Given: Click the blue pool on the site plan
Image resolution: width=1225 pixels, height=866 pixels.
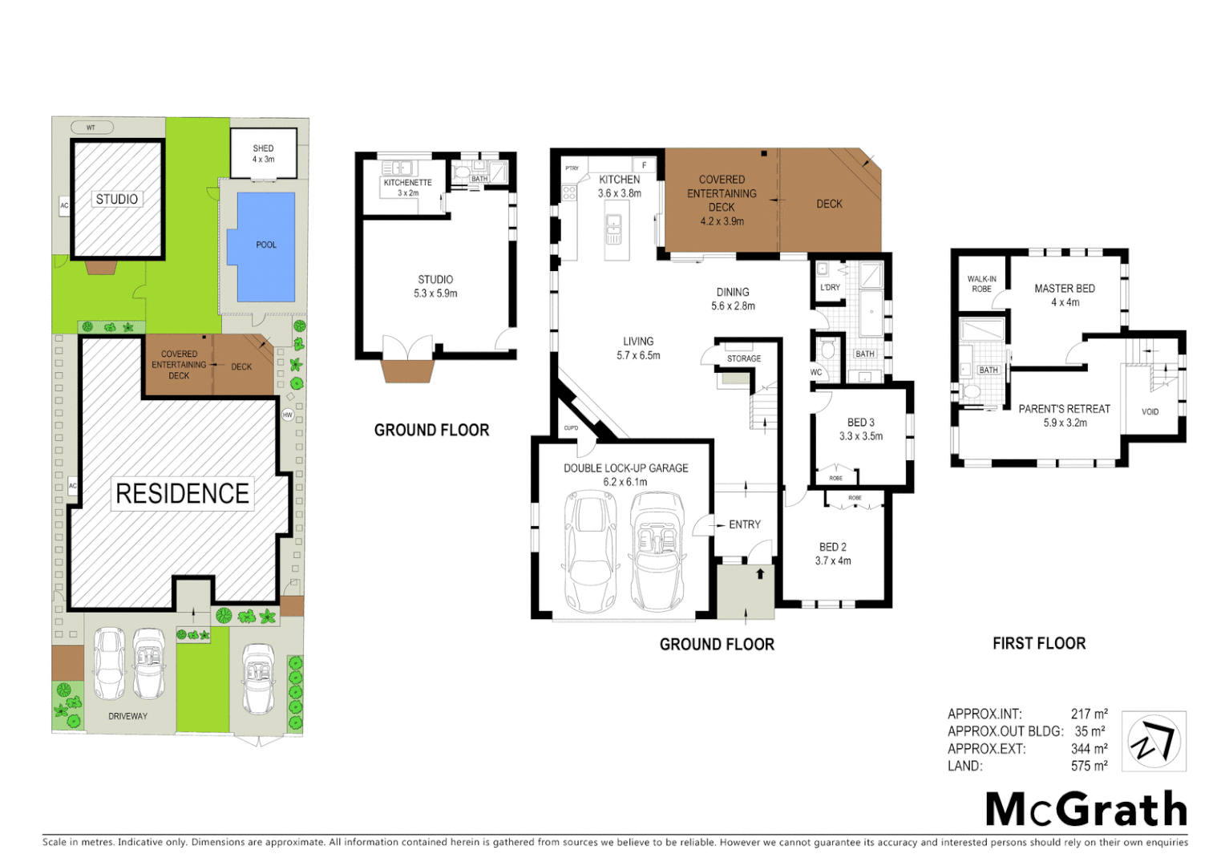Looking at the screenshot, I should [262, 245].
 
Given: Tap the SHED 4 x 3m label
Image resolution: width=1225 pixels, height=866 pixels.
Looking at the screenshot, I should [263, 154].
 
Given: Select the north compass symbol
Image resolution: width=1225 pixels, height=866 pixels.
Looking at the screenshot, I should [1153, 742].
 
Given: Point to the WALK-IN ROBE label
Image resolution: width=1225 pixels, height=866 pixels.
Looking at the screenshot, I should [981, 285].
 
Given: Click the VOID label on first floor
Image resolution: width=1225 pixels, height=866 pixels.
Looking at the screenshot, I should [1150, 412].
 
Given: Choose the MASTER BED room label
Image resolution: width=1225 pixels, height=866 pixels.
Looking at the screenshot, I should [1064, 295].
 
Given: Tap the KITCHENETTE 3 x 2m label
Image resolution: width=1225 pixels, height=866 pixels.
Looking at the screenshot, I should [407, 188].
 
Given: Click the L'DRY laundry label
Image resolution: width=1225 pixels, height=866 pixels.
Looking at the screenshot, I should [830, 288].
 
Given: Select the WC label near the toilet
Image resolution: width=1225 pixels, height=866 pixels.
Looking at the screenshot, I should [815, 372].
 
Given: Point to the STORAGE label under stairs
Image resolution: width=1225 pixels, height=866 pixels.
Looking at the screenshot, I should [743, 358].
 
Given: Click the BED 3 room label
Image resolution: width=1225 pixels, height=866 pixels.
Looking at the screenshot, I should [860, 429].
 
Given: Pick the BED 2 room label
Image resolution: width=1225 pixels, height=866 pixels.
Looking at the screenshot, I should [832, 553].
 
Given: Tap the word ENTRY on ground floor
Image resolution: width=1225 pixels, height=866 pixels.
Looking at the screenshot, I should [744, 524].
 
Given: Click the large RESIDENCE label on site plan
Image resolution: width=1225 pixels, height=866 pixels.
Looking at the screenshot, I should [182, 493].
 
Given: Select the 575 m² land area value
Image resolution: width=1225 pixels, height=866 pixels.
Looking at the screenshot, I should [1089, 766].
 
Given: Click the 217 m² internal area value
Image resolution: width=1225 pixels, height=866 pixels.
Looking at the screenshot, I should [1089, 714].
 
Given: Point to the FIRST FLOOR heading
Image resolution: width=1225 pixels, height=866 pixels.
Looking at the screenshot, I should [1038, 643].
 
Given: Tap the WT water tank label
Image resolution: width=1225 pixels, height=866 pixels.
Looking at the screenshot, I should [91, 127].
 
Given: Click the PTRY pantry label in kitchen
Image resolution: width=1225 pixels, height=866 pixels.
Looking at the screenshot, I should [572, 168].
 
